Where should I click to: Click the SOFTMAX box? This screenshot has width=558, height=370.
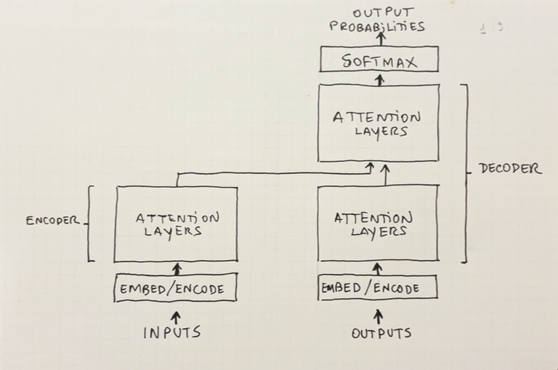[x=379, y=61]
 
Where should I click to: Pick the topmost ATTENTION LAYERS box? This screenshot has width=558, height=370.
[x=379, y=123]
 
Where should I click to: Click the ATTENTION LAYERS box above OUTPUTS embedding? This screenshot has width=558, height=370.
[x=379, y=224]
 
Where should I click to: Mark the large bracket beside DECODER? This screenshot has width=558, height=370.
[x=465, y=174]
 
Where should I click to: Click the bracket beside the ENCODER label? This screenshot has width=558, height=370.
[x=90, y=223]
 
